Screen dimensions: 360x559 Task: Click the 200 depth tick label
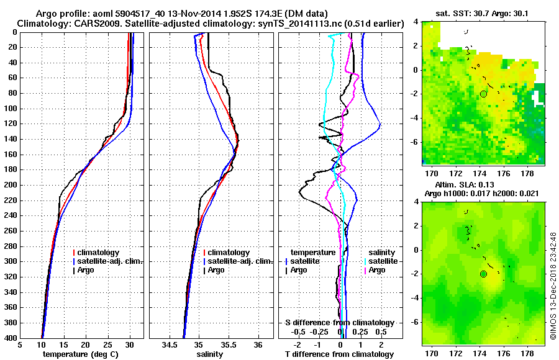click(x=11, y=185)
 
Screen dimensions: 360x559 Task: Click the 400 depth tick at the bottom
click(x=11, y=338)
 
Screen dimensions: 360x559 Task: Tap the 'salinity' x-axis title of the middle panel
click(x=212, y=354)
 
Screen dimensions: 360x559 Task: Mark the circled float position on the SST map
click(x=483, y=94)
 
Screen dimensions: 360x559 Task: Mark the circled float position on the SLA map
click(x=483, y=274)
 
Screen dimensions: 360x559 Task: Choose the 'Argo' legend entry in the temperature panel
click(x=94, y=270)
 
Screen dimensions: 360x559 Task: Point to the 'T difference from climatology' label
click(x=339, y=354)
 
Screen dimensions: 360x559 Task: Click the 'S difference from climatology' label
click(x=339, y=323)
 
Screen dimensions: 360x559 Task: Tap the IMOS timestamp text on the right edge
click(x=553, y=291)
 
